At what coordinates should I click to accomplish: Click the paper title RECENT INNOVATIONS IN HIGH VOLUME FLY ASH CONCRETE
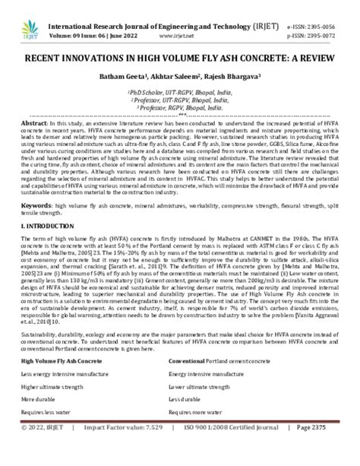(x=180, y=56)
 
